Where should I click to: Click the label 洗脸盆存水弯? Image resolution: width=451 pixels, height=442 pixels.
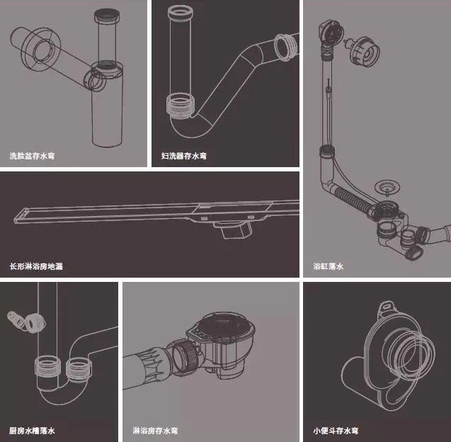[x=32, y=155]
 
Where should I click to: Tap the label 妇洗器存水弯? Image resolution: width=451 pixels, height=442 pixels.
[x=184, y=155]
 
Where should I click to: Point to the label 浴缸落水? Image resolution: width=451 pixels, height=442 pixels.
[x=328, y=267]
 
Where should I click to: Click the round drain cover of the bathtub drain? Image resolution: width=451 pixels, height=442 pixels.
[x=386, y=188]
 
